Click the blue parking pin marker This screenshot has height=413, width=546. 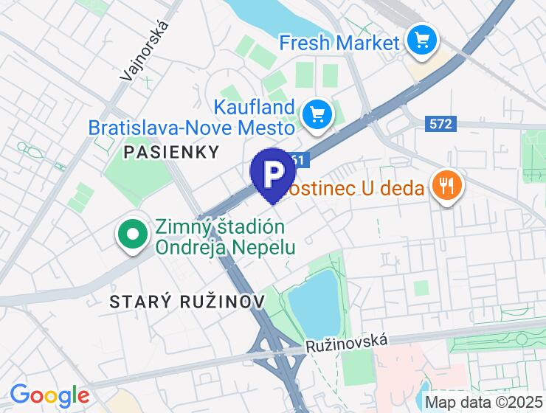click(x=273, y=173)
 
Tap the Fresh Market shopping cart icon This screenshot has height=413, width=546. click(x=422, y=40)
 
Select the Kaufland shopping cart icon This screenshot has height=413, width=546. click(x=317, y=115)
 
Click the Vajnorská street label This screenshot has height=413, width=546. click(x=144, y=50)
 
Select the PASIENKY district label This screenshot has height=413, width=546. click(x=172, y=152)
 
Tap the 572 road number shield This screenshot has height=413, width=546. click(x=440, y=124)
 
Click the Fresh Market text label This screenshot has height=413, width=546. click(x=339, y=42)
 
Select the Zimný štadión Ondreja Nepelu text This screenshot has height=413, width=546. click(x=219, y=236)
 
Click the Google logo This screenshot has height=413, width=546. click(x=49, y=395)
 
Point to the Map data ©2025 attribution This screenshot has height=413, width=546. click(x=485, y=403)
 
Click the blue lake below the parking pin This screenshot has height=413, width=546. click(x=312, y=298)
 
